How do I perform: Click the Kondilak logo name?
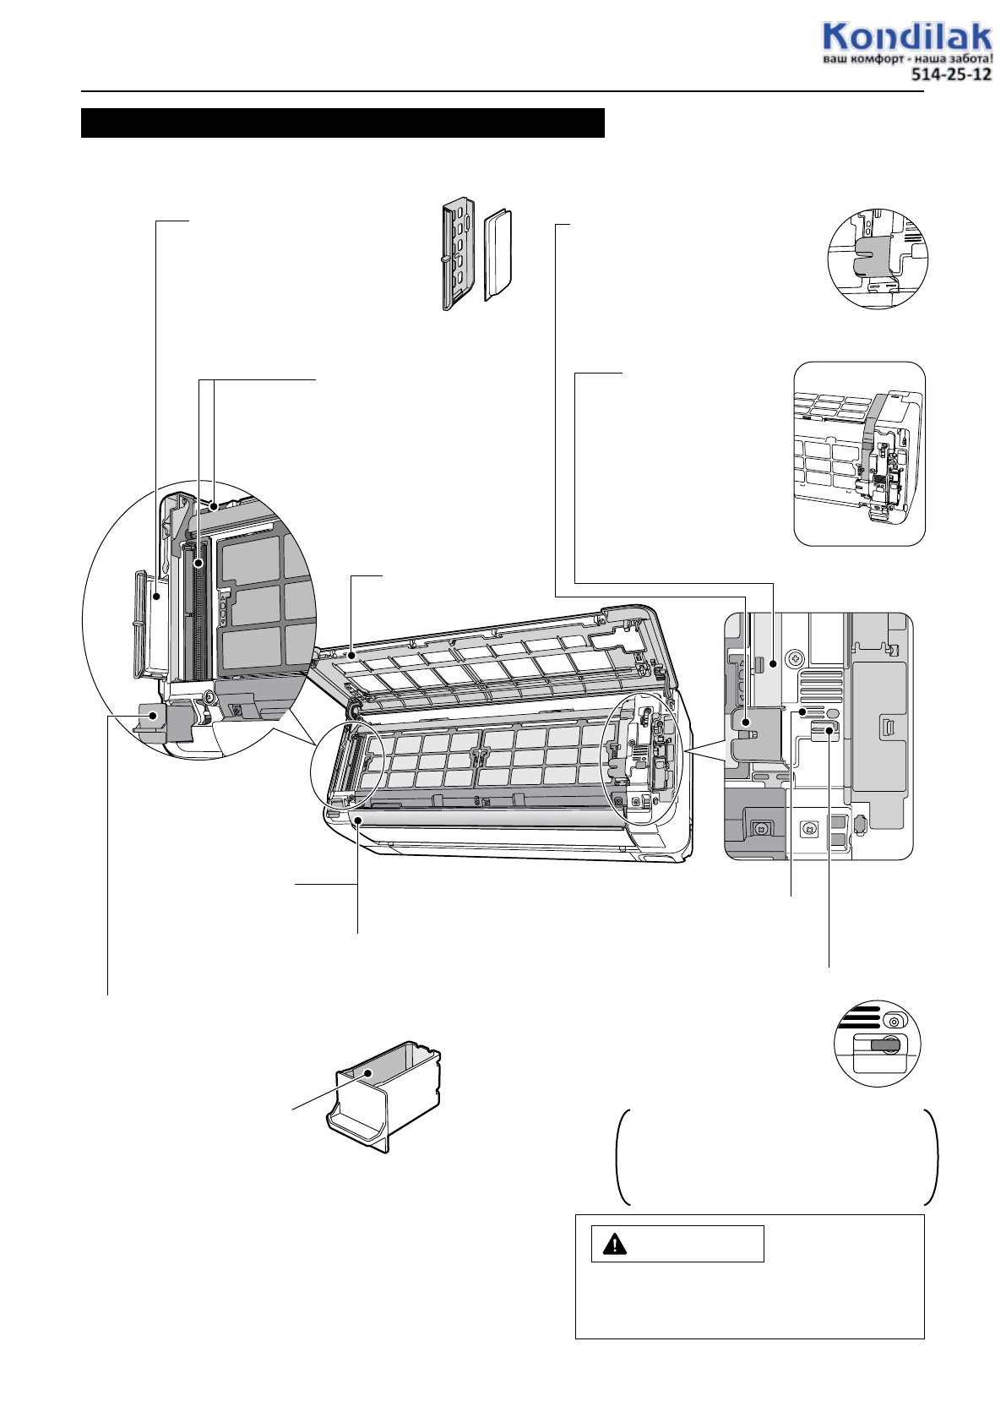906,38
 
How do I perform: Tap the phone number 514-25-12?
950,74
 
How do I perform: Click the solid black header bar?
342,123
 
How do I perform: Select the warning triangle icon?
615,1244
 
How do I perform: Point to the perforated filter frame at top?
458,254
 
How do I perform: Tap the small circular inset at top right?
877,259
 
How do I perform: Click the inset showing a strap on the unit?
859,454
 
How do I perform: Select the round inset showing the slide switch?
877,1044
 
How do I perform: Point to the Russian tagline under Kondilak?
907,59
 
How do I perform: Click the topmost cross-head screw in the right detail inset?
794,657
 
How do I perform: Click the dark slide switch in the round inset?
884,1045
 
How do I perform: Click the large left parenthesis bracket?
623,1158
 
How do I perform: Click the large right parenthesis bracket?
933,1158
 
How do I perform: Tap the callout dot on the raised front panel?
351,653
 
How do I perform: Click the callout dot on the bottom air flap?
358,821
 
